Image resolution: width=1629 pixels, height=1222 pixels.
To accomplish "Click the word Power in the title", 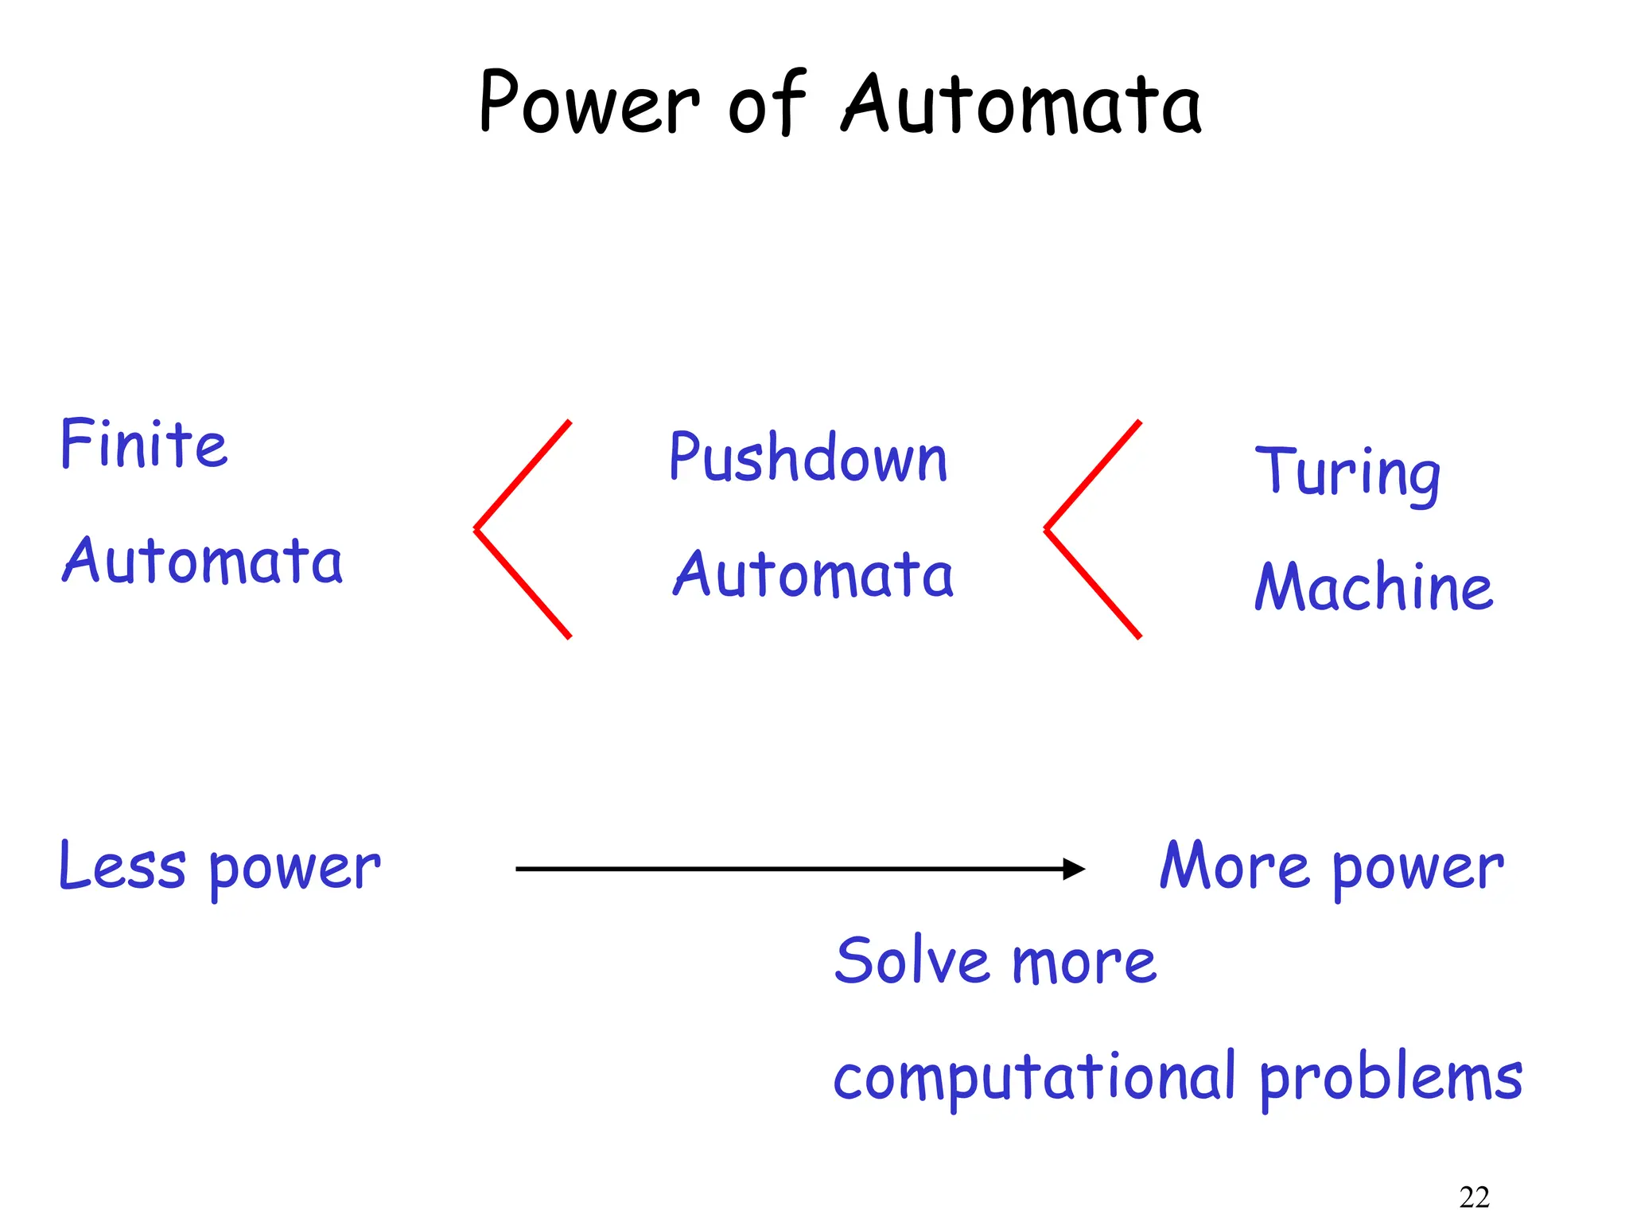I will pyautogui.click(x=589, y=103).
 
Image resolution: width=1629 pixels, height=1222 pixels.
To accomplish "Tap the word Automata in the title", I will pyautogui.click(x=1021, y=103).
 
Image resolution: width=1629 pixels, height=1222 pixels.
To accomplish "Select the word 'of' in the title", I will pyautogui.click(x=767, y=103).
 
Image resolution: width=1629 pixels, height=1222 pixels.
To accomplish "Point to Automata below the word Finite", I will pyautogui.click(x=203, y=561).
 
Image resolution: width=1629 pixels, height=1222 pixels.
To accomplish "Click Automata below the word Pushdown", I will pyautogui.click(x=813, y=574).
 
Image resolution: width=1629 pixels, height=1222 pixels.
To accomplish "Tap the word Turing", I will pyautogui.click(x=1347, y=473).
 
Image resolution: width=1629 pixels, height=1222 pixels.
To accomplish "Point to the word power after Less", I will pyautogui.click(x=295, y=870).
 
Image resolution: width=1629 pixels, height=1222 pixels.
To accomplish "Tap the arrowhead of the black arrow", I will pyautogui.click(x=1075, y=869).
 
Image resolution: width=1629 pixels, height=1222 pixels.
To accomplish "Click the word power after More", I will pyautogui.click(x=1418, y=870).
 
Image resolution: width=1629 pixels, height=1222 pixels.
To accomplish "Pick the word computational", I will pyautogui.click(x=1035, y=1078).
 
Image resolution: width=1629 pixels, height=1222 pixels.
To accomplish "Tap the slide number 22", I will pyautogui.click(x=1474, y=1197).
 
